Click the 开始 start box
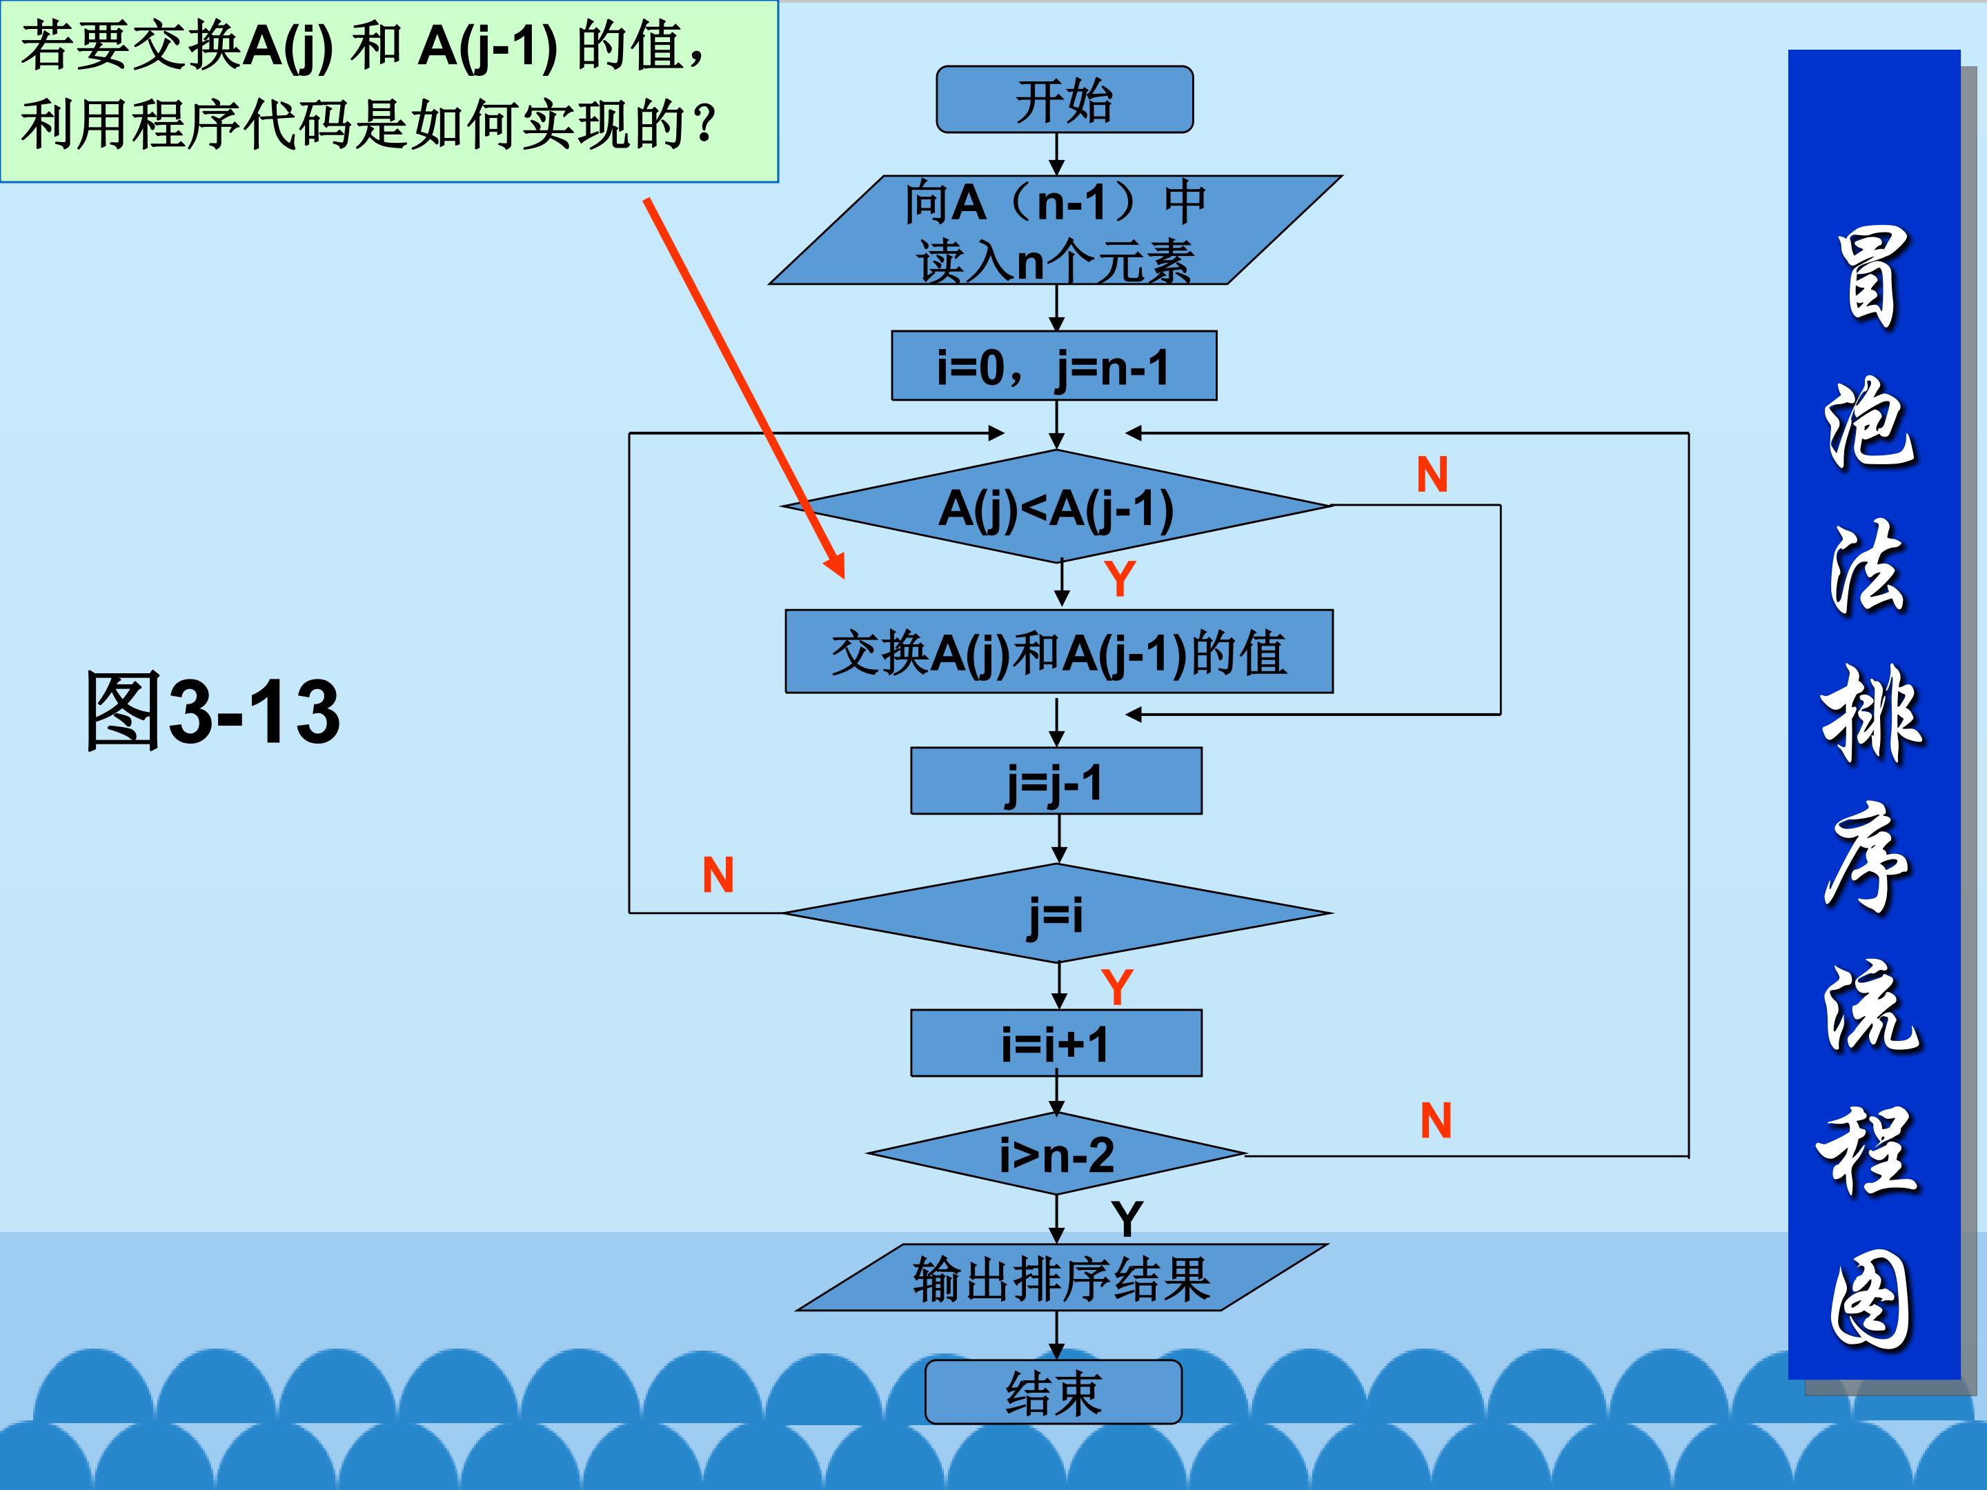click(1065, 100)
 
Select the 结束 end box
click(1053, 1392)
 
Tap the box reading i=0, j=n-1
click(1054, 366)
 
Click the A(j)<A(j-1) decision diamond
click(1056, 508)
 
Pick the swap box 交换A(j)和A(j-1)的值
click(1058, 652)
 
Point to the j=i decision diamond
click(1056, 914)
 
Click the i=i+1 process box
click(1056, 1044)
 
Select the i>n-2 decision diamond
click(1056, 1155)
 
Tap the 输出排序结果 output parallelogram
click(1061, 1278)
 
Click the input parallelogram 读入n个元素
click(1056, 231)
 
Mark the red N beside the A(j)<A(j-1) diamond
click(1432, 475)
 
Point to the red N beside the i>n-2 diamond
click(1436, 1121)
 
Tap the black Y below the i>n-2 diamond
click(1127, 1220)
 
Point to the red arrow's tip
click(842, 575)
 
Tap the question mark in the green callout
click(706, 124)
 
